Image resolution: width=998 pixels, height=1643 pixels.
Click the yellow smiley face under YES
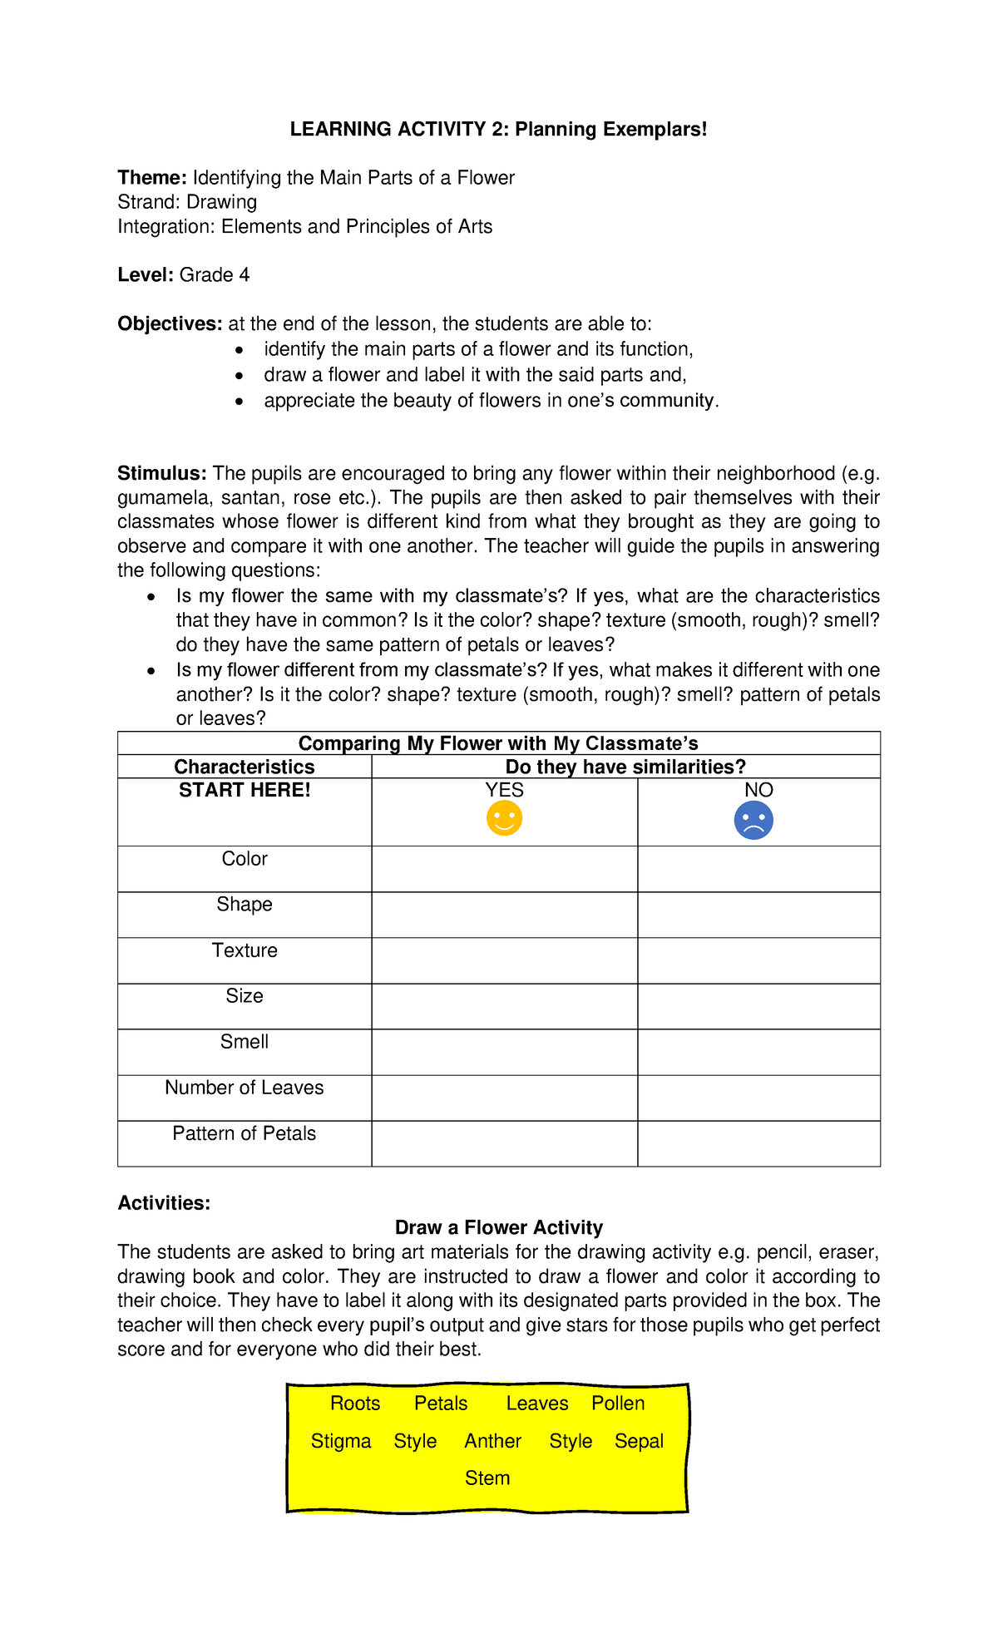pos(504,819)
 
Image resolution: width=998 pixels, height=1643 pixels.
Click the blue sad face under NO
pos(753,821)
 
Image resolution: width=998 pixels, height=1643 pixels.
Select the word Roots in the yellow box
pos(355,1404)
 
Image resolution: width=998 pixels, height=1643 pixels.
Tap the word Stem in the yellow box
pos(487,1478)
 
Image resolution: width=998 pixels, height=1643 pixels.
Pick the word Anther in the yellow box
pos(492,1441)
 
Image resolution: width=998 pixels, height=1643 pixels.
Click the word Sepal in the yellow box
pos(639,1441)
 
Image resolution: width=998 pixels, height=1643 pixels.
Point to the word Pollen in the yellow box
pos(618,1404)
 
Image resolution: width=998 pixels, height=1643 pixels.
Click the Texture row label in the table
pos(245,950)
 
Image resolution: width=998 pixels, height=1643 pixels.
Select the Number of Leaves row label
pos(245,1088)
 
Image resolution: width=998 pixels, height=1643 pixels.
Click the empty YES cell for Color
pos(504,870)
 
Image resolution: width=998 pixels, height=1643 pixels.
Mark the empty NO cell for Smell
pos(758,1053)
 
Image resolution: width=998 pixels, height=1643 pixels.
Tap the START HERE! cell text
pos(245,790)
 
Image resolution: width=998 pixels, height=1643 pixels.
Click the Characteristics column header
pos(245,767)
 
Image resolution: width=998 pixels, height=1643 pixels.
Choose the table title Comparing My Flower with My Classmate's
pos(498,743)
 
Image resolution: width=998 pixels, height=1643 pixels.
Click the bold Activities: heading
pos(164,1203)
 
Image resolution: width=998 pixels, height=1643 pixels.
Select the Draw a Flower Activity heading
pos(498,1227)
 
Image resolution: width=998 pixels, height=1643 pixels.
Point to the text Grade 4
pos(215,275)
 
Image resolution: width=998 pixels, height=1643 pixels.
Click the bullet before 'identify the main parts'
pos(240,350)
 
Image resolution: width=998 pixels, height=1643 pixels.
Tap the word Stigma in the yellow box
pos(341,1441)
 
